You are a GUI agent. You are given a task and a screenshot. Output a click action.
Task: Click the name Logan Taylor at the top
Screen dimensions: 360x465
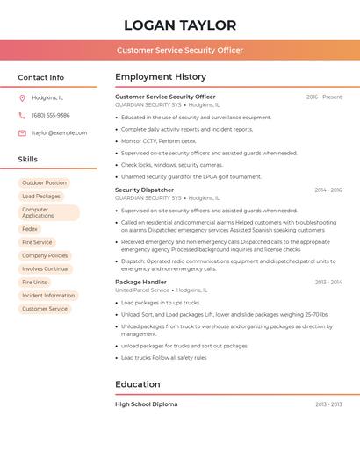180,25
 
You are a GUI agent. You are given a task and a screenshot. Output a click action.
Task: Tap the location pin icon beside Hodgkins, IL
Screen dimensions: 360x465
22,97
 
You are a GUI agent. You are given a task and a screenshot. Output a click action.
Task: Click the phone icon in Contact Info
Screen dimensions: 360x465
22,115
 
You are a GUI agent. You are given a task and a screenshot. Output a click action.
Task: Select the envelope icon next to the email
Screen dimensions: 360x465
22,133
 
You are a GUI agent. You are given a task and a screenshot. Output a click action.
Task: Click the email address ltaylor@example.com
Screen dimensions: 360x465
59,133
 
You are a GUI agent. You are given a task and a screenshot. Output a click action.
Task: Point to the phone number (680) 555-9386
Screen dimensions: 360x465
51,115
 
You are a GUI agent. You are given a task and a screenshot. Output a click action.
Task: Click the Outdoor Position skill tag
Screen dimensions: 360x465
44,182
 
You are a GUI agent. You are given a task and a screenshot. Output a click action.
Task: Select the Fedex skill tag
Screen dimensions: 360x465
30,229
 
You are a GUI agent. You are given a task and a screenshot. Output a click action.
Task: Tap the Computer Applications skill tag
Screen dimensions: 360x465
48,212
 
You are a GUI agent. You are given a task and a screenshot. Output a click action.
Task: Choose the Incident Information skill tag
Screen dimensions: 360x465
48,296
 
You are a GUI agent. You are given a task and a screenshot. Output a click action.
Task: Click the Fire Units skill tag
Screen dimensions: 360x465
35,282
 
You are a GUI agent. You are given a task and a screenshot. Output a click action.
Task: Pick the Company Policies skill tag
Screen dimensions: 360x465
45,255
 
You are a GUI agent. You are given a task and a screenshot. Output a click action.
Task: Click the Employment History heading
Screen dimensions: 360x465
161,77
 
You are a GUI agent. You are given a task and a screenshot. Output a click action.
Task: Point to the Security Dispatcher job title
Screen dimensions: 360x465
144,190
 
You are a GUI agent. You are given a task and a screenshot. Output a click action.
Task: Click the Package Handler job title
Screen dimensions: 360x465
140,282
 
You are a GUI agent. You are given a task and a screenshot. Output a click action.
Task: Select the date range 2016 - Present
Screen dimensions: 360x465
323,97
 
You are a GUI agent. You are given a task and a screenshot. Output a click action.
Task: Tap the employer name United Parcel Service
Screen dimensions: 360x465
142,290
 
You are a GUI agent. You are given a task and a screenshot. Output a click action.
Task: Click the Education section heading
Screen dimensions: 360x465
138,384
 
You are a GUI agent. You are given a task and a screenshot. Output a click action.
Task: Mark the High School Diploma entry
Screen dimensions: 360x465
146,404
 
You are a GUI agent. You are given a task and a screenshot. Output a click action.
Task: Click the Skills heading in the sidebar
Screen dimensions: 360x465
28,160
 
